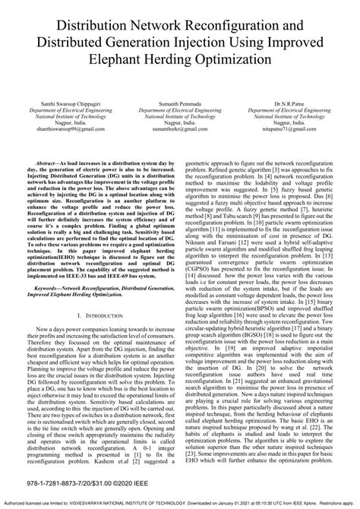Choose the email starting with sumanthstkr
pos(180,129)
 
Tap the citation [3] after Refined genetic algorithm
pos(276,172)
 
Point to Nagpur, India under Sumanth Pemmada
pos(180,122)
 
